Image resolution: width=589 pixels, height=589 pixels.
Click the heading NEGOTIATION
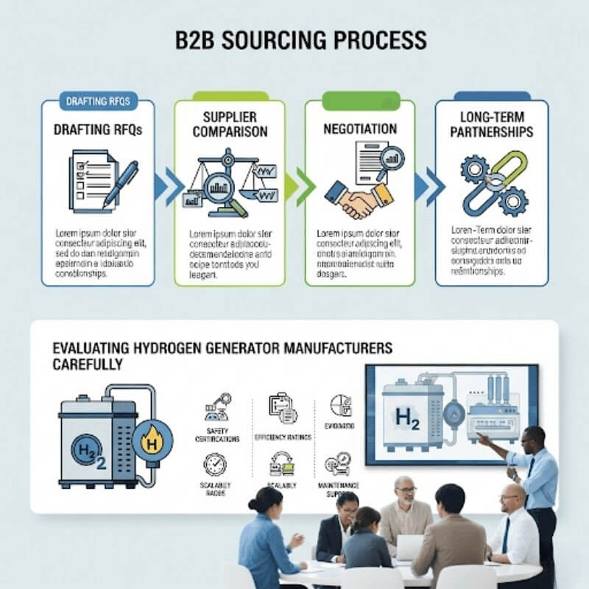point(360,129)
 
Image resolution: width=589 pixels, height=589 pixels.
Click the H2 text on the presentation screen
point(406,417)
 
